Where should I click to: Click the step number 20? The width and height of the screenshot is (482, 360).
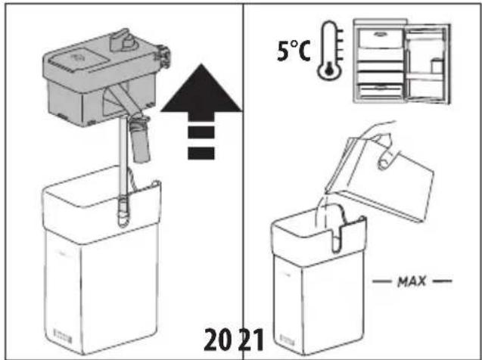[x=219, y=340]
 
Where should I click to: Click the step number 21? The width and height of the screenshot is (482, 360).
[x=252, y=340]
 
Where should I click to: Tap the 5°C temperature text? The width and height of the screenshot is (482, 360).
[x=294, y=50]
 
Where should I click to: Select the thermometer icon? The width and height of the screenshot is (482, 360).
[x=331, y=51]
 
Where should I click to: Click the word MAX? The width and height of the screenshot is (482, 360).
[x=412, y=281]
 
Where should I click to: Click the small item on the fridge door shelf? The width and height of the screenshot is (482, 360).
[x=437, y=66]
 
